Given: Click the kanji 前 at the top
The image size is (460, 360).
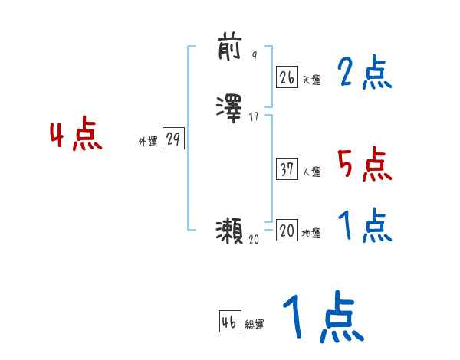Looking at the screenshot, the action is coord(230,48).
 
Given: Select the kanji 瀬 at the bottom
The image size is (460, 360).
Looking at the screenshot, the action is coord(230,230).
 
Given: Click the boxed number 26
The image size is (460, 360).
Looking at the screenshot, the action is coord(287,77).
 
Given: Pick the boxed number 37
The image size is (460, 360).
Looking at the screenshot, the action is coord(287,170).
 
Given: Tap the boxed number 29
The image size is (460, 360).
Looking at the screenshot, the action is coord(173,139).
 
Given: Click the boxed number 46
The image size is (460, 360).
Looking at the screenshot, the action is coord(228,322).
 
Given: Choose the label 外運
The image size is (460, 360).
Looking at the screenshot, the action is coord(148,142).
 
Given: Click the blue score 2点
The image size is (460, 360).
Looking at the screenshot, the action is coord(364,74).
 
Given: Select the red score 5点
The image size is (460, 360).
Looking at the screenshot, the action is coord(364,164).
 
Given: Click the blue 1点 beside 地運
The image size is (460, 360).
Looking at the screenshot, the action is coord(364,226).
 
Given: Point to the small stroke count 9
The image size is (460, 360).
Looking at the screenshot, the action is coord(255,56).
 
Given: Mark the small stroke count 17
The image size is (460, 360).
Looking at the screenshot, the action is coord(255,117).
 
